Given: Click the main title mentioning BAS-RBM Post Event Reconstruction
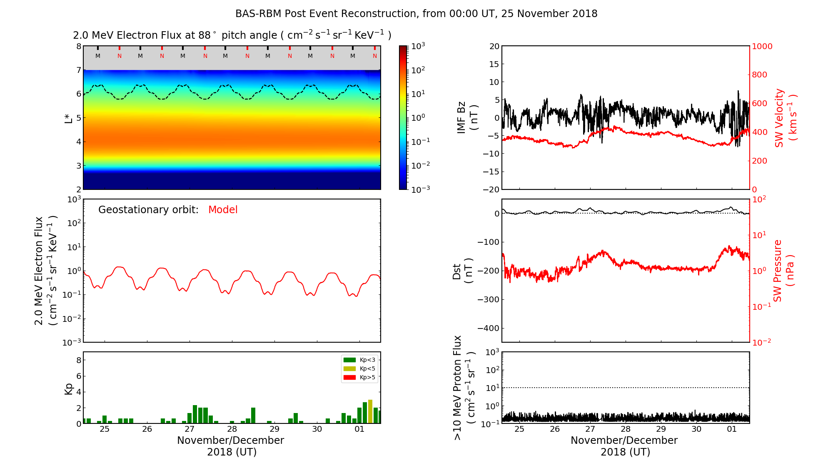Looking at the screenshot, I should [x=416, y=14].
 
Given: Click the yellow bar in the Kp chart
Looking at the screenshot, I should [x=370, y=411].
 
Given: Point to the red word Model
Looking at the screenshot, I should [x=223, y=210].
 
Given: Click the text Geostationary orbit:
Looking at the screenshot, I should [x=148, y=210].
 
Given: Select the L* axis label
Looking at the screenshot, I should [x=68, y=118].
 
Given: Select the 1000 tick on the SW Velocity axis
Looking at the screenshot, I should [x=762, y=46].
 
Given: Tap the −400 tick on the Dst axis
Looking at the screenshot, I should [x=488, y=328].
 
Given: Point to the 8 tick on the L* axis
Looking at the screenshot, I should [x=78, y=46].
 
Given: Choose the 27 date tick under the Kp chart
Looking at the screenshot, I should [x=190, y=429].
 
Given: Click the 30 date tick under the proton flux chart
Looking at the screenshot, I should [x=696, y=429].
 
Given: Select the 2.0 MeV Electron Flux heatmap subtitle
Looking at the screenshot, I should [x=232, y=35].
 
